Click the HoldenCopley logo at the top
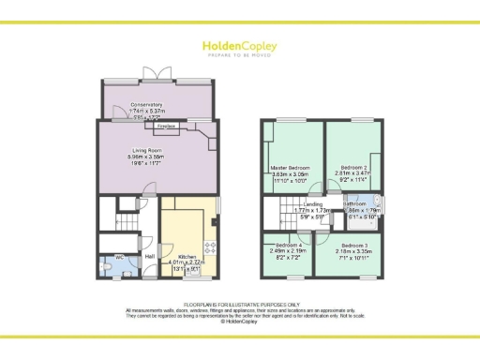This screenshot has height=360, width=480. (x=239, y=48)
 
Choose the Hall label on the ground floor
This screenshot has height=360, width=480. (x=149, y=255)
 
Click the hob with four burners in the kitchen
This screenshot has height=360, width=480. (x=210, y=250)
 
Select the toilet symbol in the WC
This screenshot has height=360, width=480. (x=111, y=266)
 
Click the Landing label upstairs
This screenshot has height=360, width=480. (x=313, y=203)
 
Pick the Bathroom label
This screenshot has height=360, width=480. (x=355, y=203)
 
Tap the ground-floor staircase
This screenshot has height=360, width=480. (x=124, y=222)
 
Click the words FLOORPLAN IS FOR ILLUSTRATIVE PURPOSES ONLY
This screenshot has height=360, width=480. (x=239, y=305)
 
